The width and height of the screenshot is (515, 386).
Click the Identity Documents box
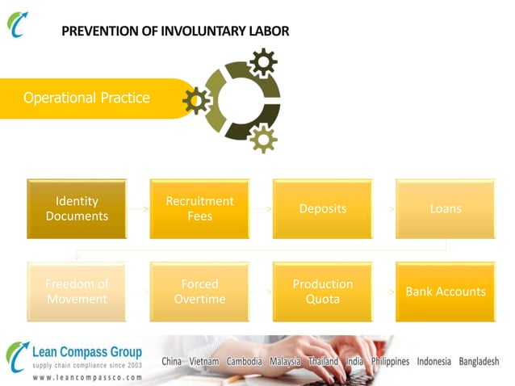coord(77,208)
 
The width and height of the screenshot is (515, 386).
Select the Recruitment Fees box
coord(199,208)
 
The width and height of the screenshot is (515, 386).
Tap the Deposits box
coord(322,208)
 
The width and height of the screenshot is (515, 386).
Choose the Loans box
coord(445,208)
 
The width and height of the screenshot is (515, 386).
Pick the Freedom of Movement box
coord(77,292)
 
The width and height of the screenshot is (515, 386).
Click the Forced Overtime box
coord(199,292)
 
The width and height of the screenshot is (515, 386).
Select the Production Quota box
coord(322,292)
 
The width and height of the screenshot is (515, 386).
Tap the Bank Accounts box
coord(445,292)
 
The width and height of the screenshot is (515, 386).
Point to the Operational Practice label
coord(86,98)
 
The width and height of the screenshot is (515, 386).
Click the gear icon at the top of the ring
coord(262,61)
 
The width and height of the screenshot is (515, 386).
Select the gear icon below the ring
coord(262,139)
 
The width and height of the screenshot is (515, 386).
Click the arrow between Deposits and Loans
coord(383,208)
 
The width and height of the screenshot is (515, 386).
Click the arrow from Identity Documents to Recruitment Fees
coord(138,208)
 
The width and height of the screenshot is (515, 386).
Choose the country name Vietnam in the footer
coord(203,361)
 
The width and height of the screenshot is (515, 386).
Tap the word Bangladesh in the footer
coord(479,361)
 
